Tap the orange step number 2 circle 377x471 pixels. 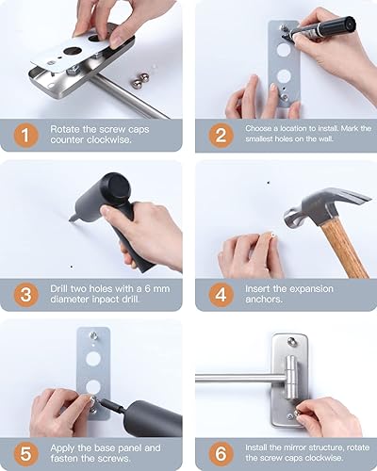point(220,134)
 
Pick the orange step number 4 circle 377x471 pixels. point(220,294)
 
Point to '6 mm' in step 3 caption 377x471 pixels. point(158,288)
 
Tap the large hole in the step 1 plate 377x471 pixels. point(74,48)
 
